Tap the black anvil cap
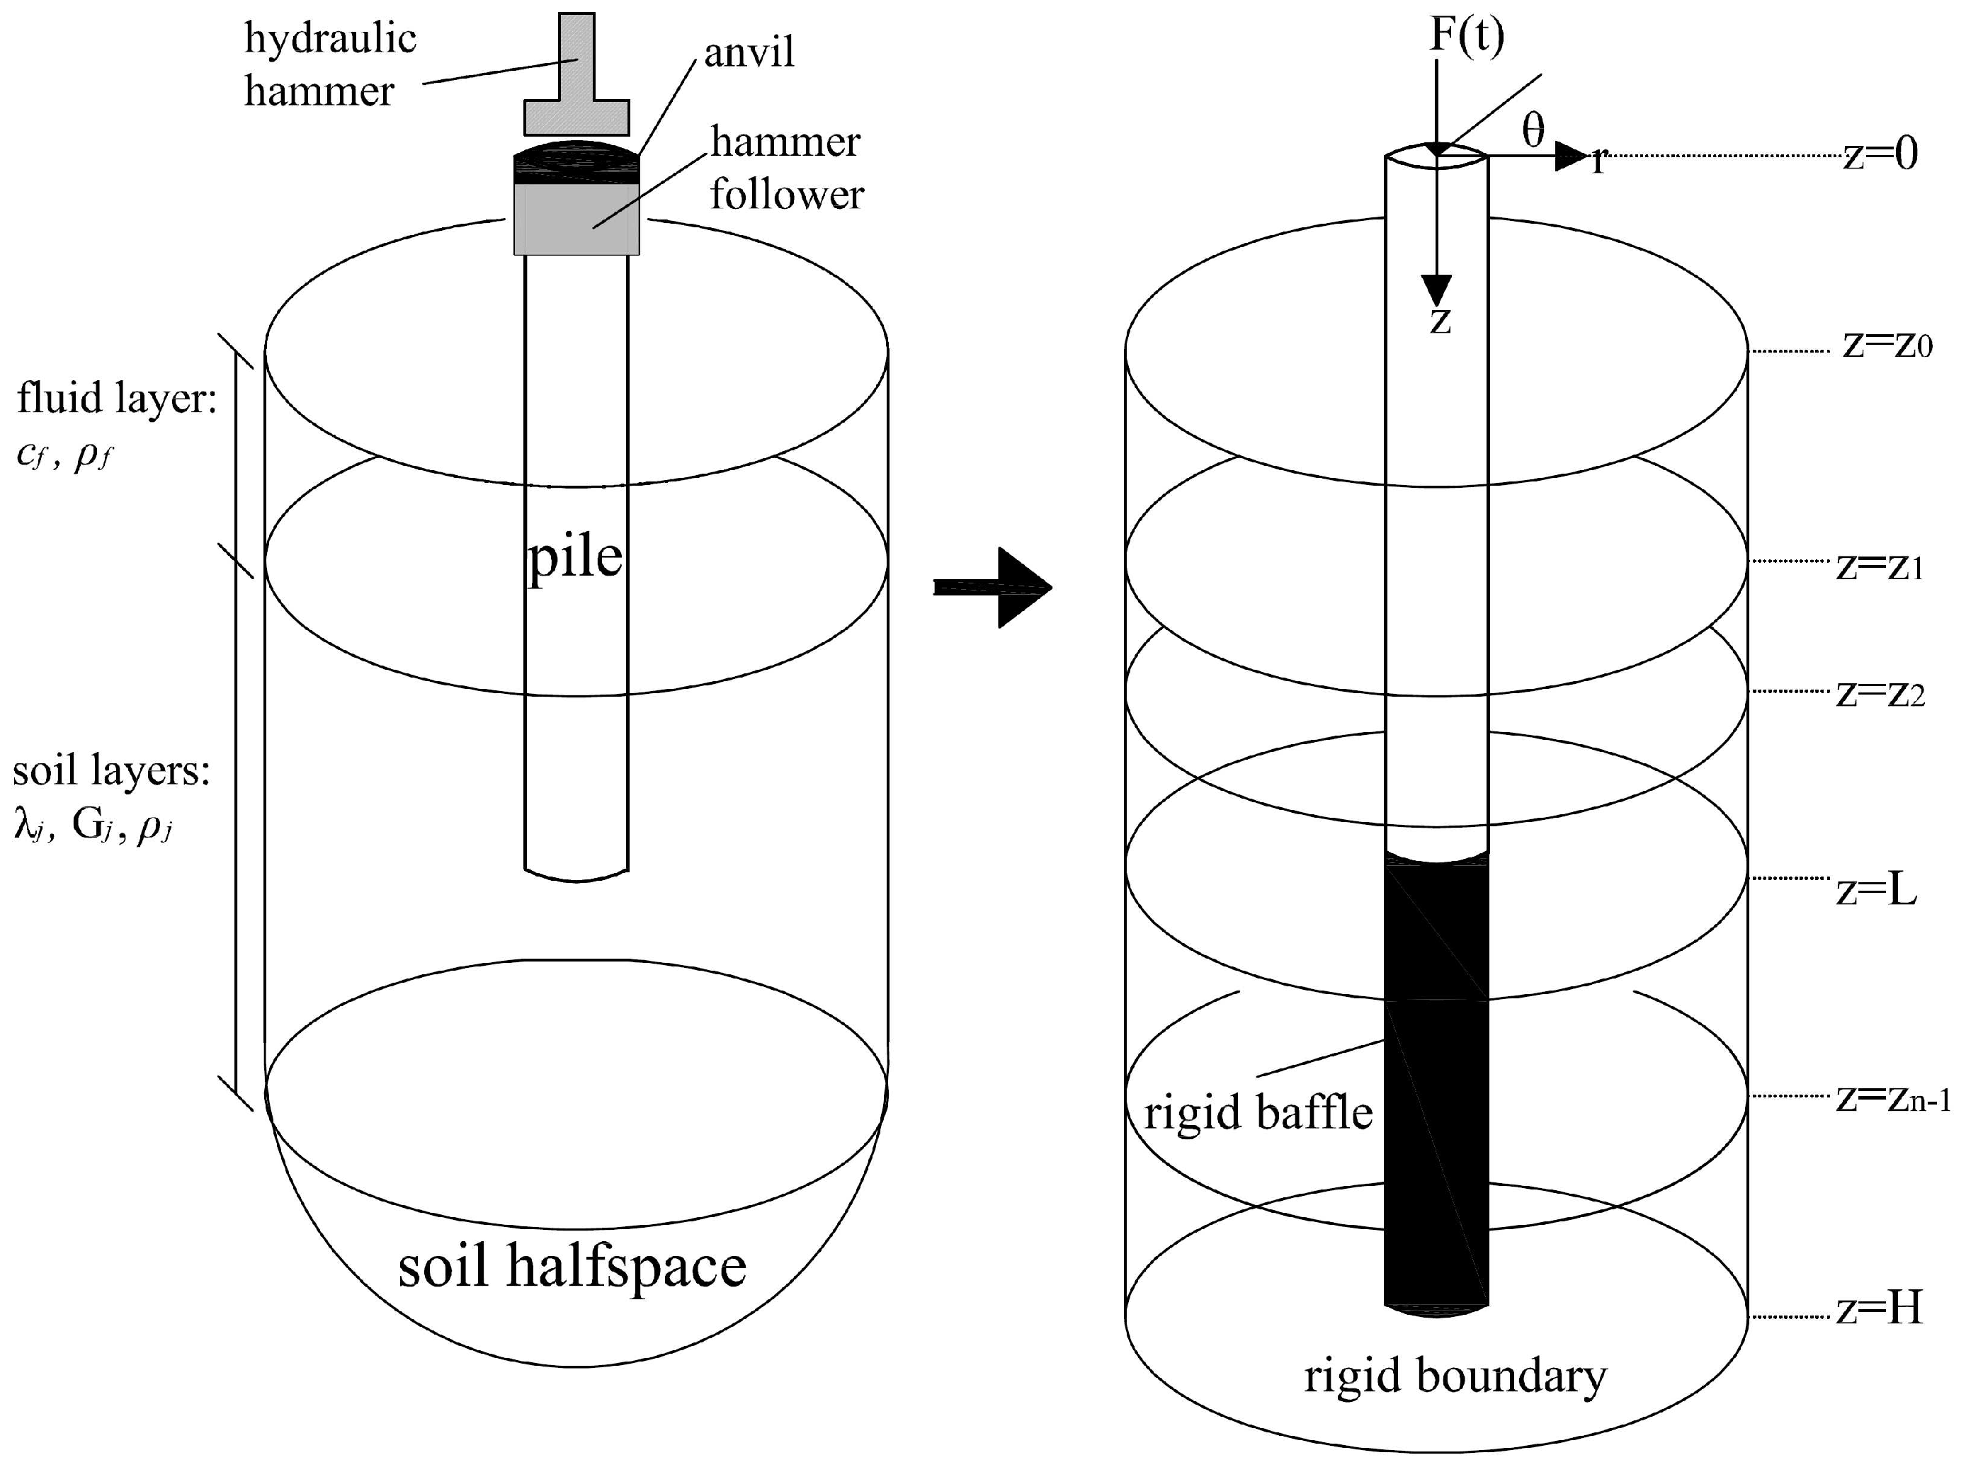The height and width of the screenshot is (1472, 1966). [576, 164]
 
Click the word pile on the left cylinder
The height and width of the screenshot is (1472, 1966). [575, 558]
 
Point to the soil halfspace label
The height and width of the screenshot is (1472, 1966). [572, 1265]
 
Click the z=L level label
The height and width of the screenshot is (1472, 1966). [1876, 889]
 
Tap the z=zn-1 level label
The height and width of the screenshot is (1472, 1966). [1892, 1099]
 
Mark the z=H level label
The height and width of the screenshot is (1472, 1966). [1879, 1308]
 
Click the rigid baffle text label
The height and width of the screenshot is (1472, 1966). [1258, 1112]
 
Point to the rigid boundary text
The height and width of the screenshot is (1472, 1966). [1455, 1375]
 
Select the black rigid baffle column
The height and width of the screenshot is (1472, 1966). [1436, 1084]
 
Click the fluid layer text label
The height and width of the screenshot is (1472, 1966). [116, 397]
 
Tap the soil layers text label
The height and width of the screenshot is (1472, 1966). [111, 770]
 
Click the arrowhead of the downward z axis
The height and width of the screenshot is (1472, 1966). [1436, 290]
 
